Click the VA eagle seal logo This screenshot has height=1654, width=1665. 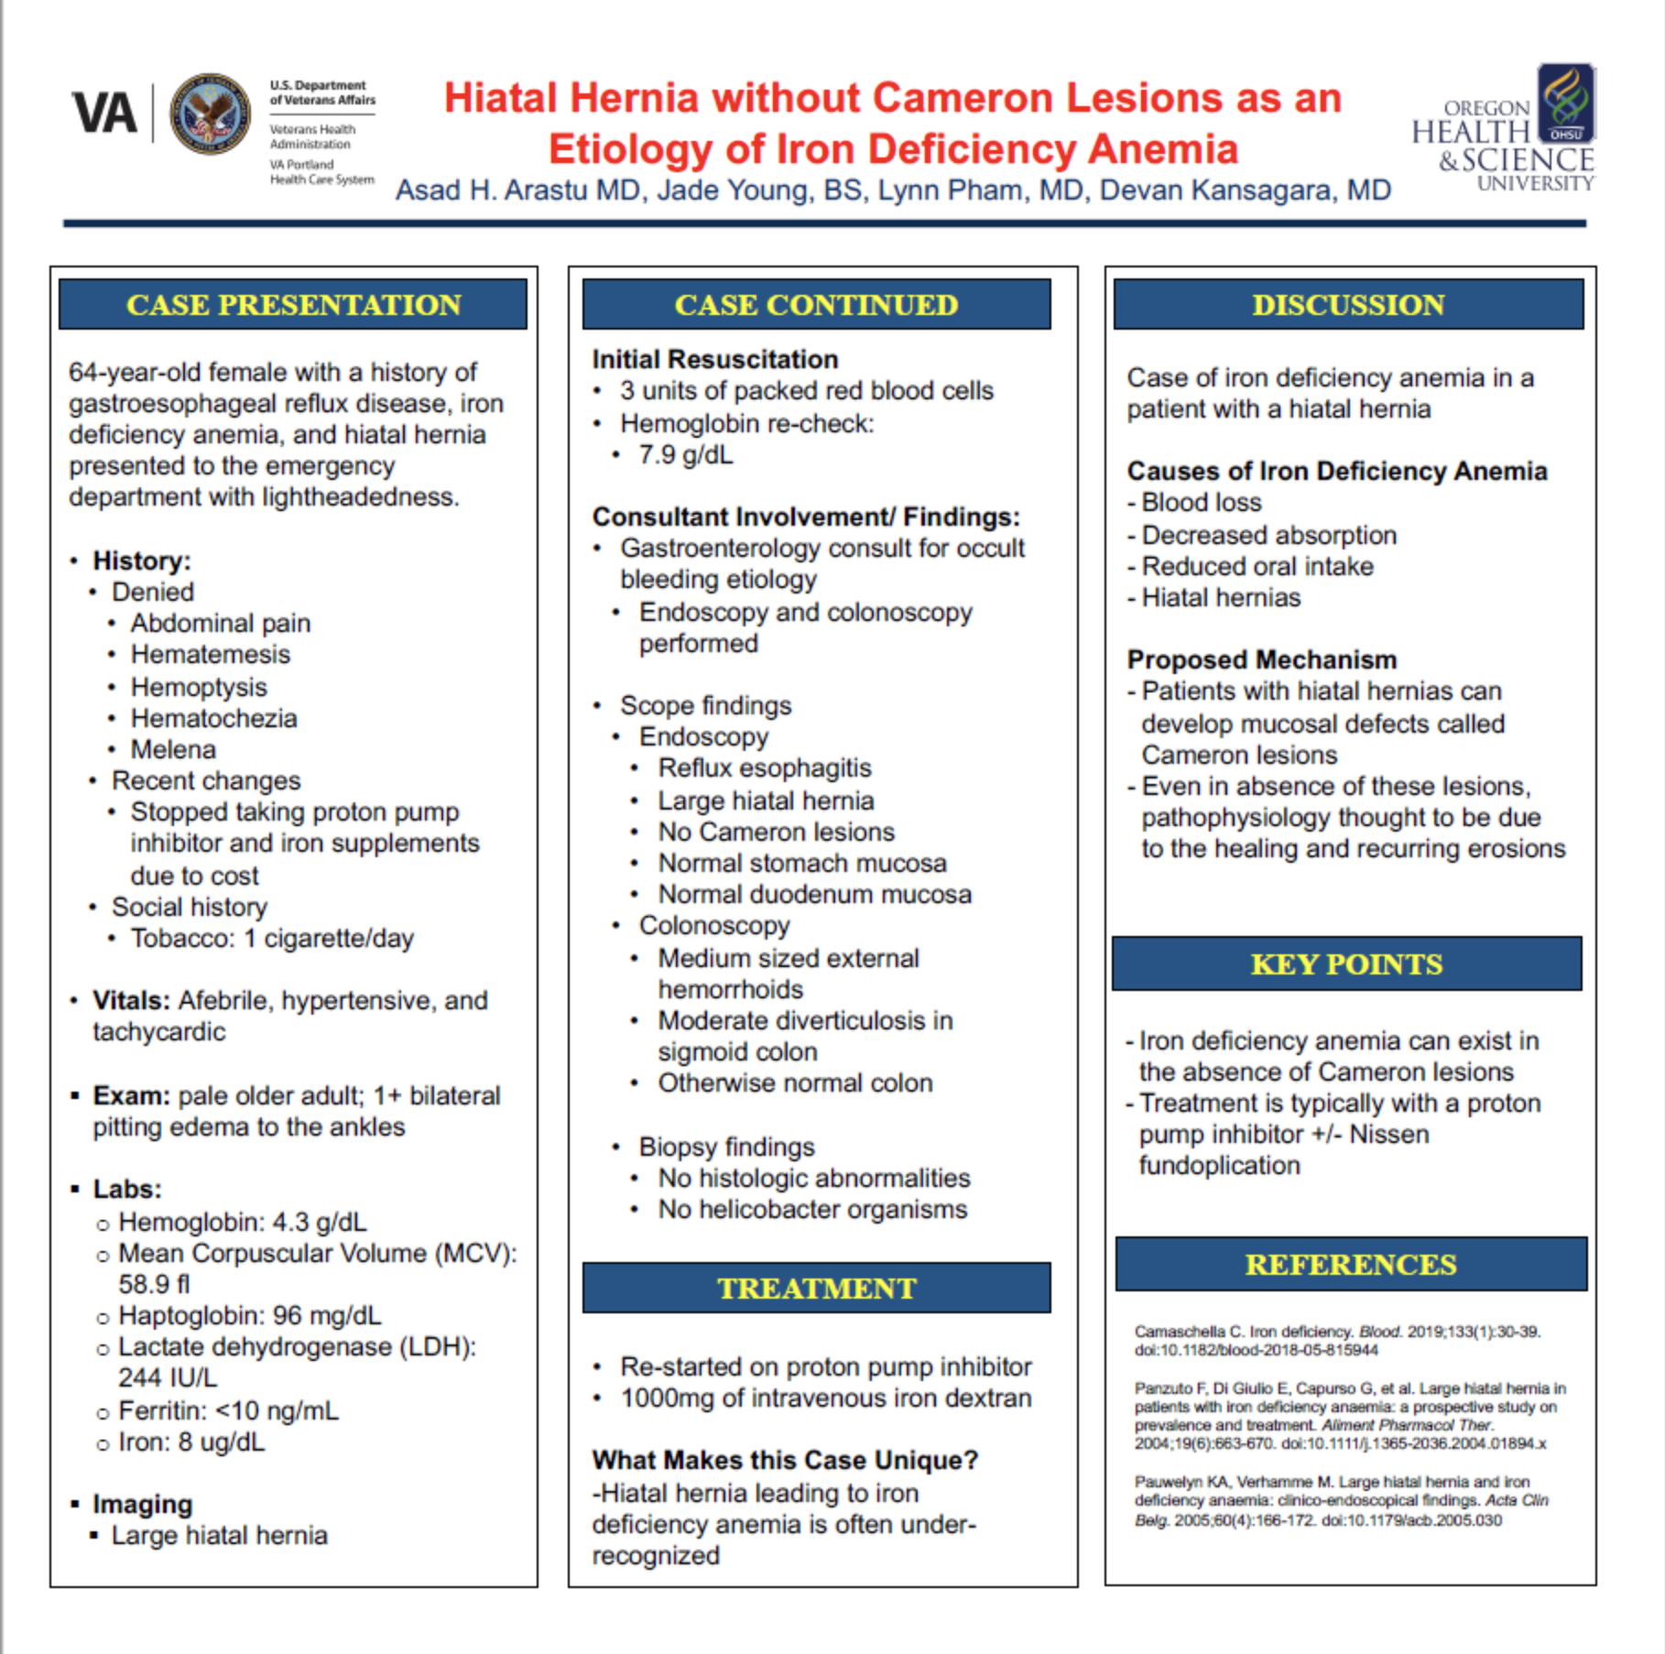click(210, 114)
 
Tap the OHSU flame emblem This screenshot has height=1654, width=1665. click(1565, 103)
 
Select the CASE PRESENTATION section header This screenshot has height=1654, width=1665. click(293, 305)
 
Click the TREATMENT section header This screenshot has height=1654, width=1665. click(816, 1288)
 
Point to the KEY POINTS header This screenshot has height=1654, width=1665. click(1346, 963)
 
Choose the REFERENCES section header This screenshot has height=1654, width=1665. click(1350, 1264)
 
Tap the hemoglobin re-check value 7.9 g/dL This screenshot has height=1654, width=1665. click(685, 455)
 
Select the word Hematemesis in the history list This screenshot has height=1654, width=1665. click(210, 654)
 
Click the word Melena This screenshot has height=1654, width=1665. click(173, 749)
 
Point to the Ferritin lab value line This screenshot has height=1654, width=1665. click(228, 1410)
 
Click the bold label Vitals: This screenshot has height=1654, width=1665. click(131, 1000)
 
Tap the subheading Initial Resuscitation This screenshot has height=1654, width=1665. click(714, 359)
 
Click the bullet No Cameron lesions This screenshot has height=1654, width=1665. click(776, 832)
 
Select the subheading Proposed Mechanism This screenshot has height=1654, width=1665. click(1261, 659)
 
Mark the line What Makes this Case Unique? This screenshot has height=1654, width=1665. click(785, 1460)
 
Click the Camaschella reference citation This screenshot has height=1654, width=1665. click(1337, 1340)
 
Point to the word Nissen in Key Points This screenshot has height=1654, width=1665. click(1388, 1134)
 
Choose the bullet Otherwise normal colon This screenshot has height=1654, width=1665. click(795, 1083)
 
